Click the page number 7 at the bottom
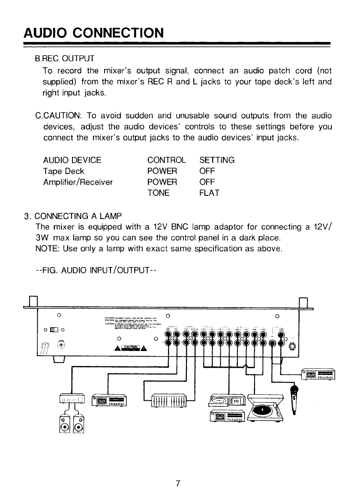click(177, 483)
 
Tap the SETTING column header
click(217, 160)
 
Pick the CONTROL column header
click(166, 160)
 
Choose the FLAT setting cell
click(210, 193)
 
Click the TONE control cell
click(158, 193)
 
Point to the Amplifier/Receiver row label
click(78, 182)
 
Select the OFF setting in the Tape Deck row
click(207, 171)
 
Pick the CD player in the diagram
click(227, 400)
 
